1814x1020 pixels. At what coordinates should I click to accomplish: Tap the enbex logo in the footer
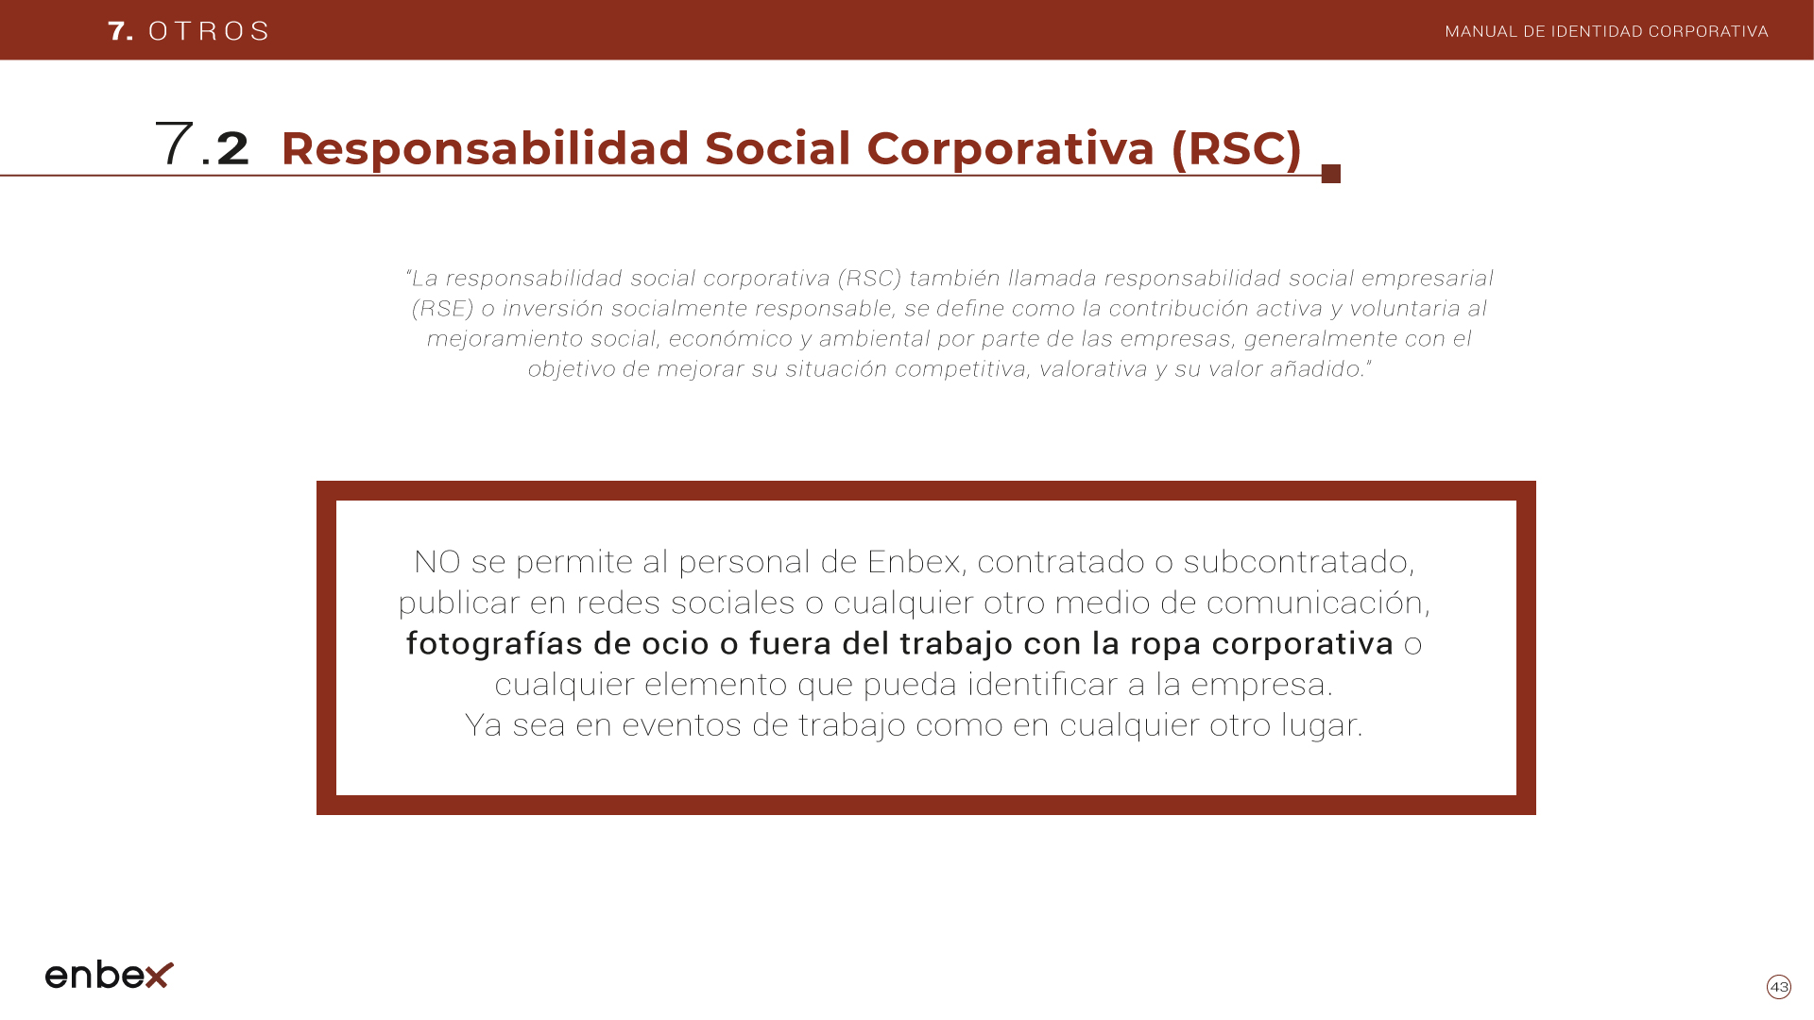point(110,975)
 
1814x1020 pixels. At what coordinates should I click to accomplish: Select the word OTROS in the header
point(210,31)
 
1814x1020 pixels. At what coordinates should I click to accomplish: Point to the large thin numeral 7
point(174,144)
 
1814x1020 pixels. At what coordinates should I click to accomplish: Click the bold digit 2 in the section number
point(232,149)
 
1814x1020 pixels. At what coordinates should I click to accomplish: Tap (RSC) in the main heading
point(1236,149)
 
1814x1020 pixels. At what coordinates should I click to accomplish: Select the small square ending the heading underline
point(1331,174)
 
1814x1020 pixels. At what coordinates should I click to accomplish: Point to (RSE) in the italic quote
point(442,309)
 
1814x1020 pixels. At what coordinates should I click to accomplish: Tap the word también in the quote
point(954,279)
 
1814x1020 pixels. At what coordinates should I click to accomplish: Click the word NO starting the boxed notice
point(436,562)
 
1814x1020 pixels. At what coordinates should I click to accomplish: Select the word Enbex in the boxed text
point(914,562)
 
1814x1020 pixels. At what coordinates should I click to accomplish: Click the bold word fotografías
point(494,643)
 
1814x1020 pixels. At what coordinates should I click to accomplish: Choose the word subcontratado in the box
point(1296,562)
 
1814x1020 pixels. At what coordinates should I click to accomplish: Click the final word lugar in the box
point(1319,725)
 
